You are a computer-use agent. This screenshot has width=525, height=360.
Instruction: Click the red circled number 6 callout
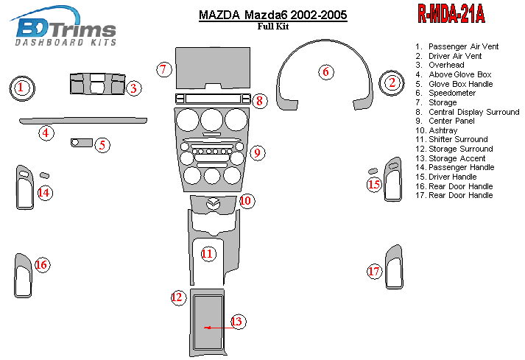click(x=325, y=72)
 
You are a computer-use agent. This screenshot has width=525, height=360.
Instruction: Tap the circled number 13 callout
click(x=236, y=322)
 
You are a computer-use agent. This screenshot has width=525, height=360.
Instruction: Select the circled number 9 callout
click(x=257, y=153)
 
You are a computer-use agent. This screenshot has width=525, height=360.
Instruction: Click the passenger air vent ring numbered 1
click(x=22, y=89)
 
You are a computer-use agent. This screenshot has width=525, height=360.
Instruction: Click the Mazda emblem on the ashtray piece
click(x=214, y=204)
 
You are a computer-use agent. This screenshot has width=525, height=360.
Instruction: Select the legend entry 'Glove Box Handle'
click(x=460, y=84)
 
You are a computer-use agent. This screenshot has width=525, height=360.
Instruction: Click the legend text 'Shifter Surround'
click(x=457, y=139)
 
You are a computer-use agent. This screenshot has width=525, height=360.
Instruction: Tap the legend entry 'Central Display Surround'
click(x=473, y=112)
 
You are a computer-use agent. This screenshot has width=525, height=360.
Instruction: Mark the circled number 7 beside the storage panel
click(x=164, y=69)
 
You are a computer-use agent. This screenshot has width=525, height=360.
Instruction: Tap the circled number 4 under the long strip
click(x=46, y=133)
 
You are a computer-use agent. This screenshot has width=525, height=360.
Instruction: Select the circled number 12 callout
click(x=177, y=297)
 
